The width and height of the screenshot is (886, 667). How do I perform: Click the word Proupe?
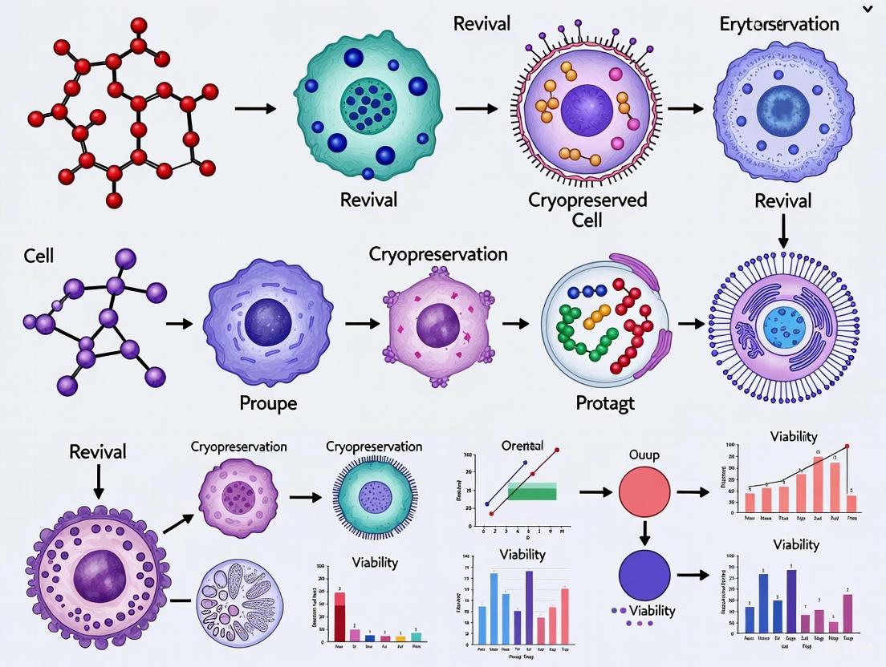[x=268, y=402]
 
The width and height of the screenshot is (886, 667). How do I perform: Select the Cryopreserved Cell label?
[x=587, y=208]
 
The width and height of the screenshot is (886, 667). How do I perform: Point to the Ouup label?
[x=644, y=455]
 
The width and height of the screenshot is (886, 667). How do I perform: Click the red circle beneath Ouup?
[x=644, y=493]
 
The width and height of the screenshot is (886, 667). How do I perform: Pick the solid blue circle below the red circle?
[x=644, y=574]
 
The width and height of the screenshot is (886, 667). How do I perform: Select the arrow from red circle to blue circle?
[x=644, y=533]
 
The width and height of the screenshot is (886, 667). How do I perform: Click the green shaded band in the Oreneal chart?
[x=532, y=491]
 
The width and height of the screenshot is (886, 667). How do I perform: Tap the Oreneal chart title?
[x=522, y=445]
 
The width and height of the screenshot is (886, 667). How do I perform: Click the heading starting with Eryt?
[x=779, y=23]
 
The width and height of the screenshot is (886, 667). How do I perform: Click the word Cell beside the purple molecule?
[x=39, y=255]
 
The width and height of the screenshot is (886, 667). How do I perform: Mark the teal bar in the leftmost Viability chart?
[x=416, y=637]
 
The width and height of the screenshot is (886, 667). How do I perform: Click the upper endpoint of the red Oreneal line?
[x=556, y=451]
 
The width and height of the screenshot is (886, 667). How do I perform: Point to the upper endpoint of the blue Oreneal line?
[x=525, y=463]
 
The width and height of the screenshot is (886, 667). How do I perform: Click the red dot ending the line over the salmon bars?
[x=847, y=446]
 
